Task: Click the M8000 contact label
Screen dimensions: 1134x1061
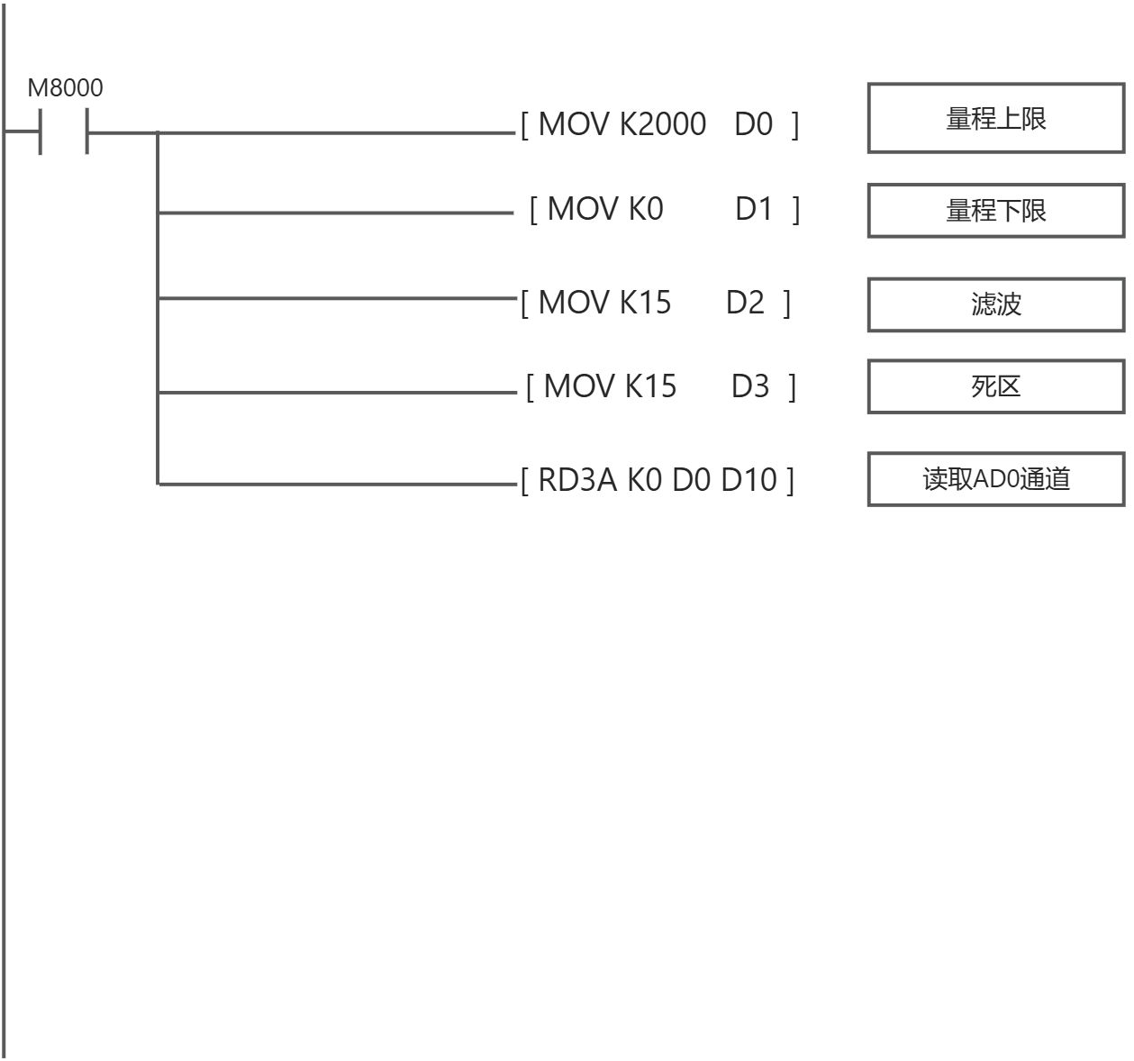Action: click(x=65, y=88)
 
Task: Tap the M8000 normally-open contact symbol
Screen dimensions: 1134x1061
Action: click(x=63, y=131)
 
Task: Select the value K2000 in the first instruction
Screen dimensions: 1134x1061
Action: click(x=663, y=124)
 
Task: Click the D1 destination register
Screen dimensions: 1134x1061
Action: click(x=754, y=208)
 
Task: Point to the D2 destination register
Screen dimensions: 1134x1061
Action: click(x=745, y=302)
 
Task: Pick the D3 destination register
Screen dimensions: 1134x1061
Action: click(x=749, y=386)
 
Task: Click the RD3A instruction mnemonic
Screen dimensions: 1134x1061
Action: click(x=577, y=479)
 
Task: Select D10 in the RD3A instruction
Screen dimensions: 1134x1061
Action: click(x=748, y=479)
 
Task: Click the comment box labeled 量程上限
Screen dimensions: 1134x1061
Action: click(x=996, y=118)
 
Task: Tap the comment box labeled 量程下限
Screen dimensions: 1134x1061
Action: click(x=996, y=210)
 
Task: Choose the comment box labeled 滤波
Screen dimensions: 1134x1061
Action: click(x=996, y=304)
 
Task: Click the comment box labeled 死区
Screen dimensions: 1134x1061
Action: click(x=996, y=386)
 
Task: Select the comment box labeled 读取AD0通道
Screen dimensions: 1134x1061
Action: click(x=996, y=479)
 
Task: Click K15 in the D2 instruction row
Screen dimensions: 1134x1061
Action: click(x=645, y=302)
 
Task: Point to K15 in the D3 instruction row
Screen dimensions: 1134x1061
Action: click(x=650, y=386)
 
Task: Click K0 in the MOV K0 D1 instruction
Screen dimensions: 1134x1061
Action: click(x=646, y=208)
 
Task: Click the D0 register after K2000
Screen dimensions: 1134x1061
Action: click(x=754, y=124)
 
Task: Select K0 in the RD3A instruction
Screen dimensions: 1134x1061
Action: click(x=645, y=479)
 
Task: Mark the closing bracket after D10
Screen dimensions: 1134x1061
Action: click(x=790, y=480)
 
